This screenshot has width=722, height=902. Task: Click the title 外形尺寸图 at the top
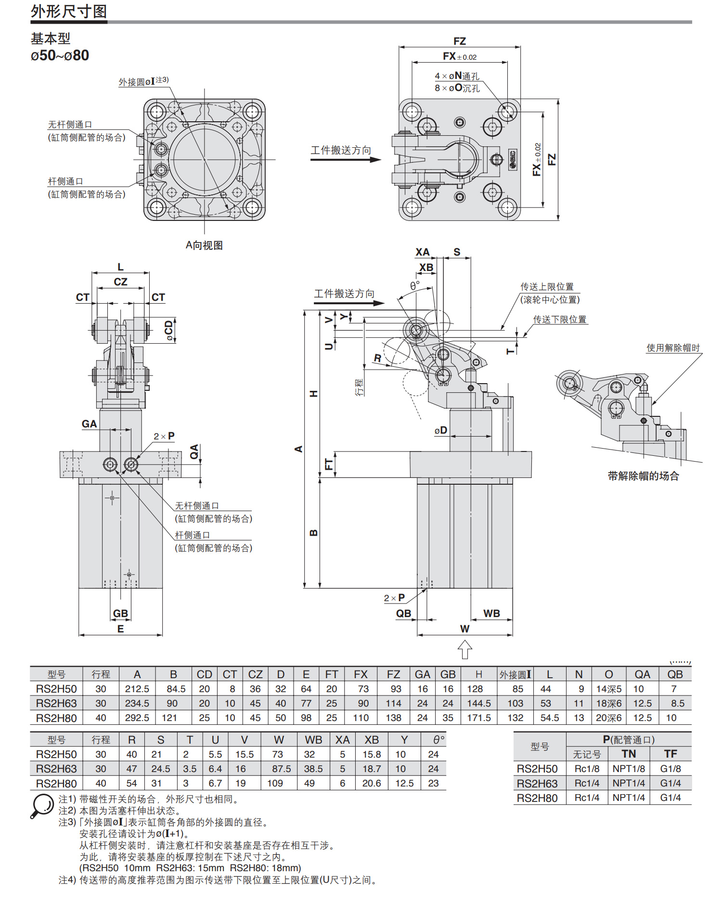tap(69, 12)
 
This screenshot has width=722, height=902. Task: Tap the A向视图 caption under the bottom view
tap(204, 245)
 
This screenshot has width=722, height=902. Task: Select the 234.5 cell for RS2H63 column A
tap(137, 703)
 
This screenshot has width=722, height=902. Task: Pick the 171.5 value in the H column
tap(478, 718)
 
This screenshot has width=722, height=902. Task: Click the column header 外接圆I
tap(515, 674)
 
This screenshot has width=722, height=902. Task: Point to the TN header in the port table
tap(629, 754)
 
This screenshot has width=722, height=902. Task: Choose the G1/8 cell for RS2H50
tap(670, 769)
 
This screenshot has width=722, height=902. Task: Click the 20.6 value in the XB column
tap(371, 783)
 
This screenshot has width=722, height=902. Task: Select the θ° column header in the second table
tap(438, 740)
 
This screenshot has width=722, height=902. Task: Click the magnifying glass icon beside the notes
tap(42, 805)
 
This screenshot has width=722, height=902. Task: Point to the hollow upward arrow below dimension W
tap(464, 649)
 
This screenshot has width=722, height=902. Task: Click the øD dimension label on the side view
tap(440, 430)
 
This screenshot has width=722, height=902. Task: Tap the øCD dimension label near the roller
tap(169, 331)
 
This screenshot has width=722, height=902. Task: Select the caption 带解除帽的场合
tap(643, 476)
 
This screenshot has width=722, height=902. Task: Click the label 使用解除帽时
tap(673, 348)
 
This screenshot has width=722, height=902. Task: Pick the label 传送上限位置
tap(547, 287)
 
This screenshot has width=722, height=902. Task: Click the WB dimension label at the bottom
tap(491, 613)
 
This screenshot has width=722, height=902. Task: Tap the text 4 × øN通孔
tap(457, 76)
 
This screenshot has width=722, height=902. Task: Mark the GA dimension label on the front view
tap(89, 424)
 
